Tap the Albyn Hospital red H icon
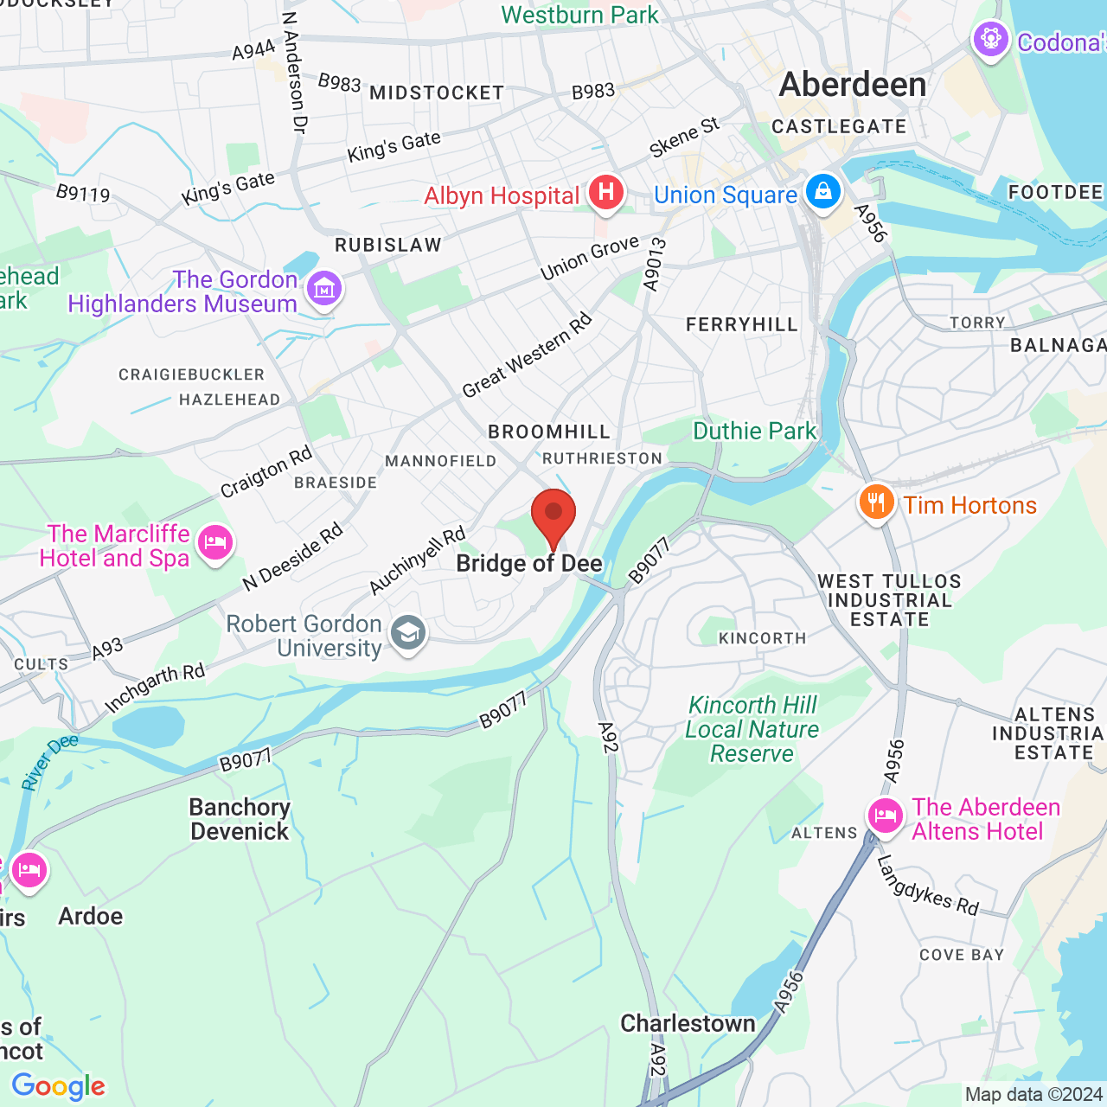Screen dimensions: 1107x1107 point(606,192)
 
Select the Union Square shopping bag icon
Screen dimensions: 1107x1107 point(822,190)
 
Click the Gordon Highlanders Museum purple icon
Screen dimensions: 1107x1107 point(324,288)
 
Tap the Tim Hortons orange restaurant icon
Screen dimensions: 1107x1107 point(876,502)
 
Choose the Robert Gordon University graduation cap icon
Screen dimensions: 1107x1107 point(408,634)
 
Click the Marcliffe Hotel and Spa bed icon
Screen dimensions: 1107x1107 point(214,543)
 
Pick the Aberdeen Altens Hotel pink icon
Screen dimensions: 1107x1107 point(886,815)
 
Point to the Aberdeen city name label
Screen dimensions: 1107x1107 point(853,85)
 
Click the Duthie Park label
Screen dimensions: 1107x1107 point(754,431)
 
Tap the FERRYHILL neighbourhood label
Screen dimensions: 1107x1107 point(741,324)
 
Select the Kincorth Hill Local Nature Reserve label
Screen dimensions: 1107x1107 point(752,729)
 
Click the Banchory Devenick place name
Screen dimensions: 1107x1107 point(240,819)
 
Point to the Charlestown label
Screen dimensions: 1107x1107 point(688,1023)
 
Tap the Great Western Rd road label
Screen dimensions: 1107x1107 point(527,355)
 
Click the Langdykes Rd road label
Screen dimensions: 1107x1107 point(927,886)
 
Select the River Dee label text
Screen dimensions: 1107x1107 point(49,762)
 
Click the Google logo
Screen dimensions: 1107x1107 point(59,1086)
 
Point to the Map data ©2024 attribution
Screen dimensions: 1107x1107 point(1033,1094)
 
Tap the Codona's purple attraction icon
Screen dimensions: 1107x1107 point(990,39)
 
